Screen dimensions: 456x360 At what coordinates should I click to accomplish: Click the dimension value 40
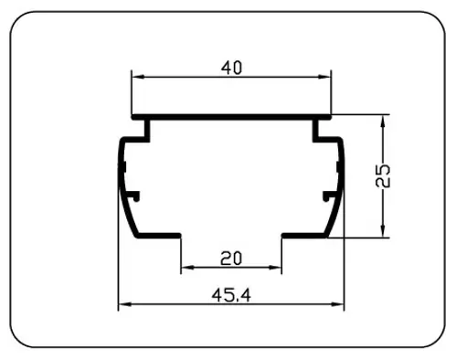pyautogui.click(x=231, y=68)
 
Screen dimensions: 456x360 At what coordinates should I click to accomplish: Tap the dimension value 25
pyautogui.click(x=383, y=175)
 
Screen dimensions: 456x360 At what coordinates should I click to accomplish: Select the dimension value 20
pyautogui.click(x=231, y=259)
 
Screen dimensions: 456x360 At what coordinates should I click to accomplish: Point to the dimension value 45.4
pyautogui.click(x=231, y=295)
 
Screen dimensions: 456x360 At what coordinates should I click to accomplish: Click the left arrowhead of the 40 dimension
pyautogui.click(x=137, y=77)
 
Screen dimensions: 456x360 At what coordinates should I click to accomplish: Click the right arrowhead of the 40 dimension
pyautogui.click(x=324, y=77)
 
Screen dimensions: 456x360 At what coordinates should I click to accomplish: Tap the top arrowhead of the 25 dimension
pyautogui.click(x=383, y=121)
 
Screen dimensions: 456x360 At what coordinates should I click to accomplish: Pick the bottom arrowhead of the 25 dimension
pyautogui.click(x=383, y=231)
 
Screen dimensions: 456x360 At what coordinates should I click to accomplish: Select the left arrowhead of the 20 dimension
pyautogui.click(x=187, y=268)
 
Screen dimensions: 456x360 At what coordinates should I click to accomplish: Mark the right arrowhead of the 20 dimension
pyautogui.click(x=275, y=268)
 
